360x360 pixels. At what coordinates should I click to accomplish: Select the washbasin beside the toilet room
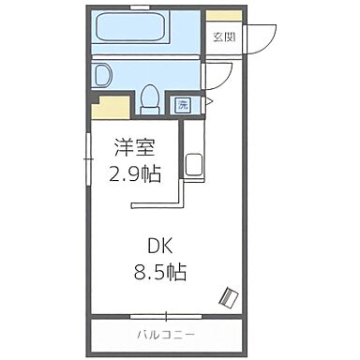pos(104,74)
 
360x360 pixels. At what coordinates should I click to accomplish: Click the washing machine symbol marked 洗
pos(184,104)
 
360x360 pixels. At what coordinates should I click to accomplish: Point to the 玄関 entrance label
pos(223,37)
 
